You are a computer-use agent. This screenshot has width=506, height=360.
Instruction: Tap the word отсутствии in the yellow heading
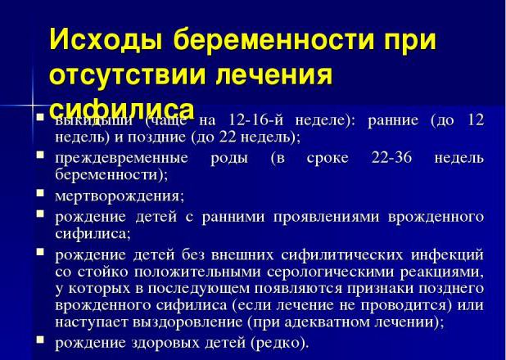pos(124,75)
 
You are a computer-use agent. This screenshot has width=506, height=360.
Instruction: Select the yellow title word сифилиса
pos(121,109)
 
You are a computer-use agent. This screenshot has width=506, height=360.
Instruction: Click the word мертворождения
pos(119,196)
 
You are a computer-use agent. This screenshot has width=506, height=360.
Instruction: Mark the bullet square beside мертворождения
pos(40,193)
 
